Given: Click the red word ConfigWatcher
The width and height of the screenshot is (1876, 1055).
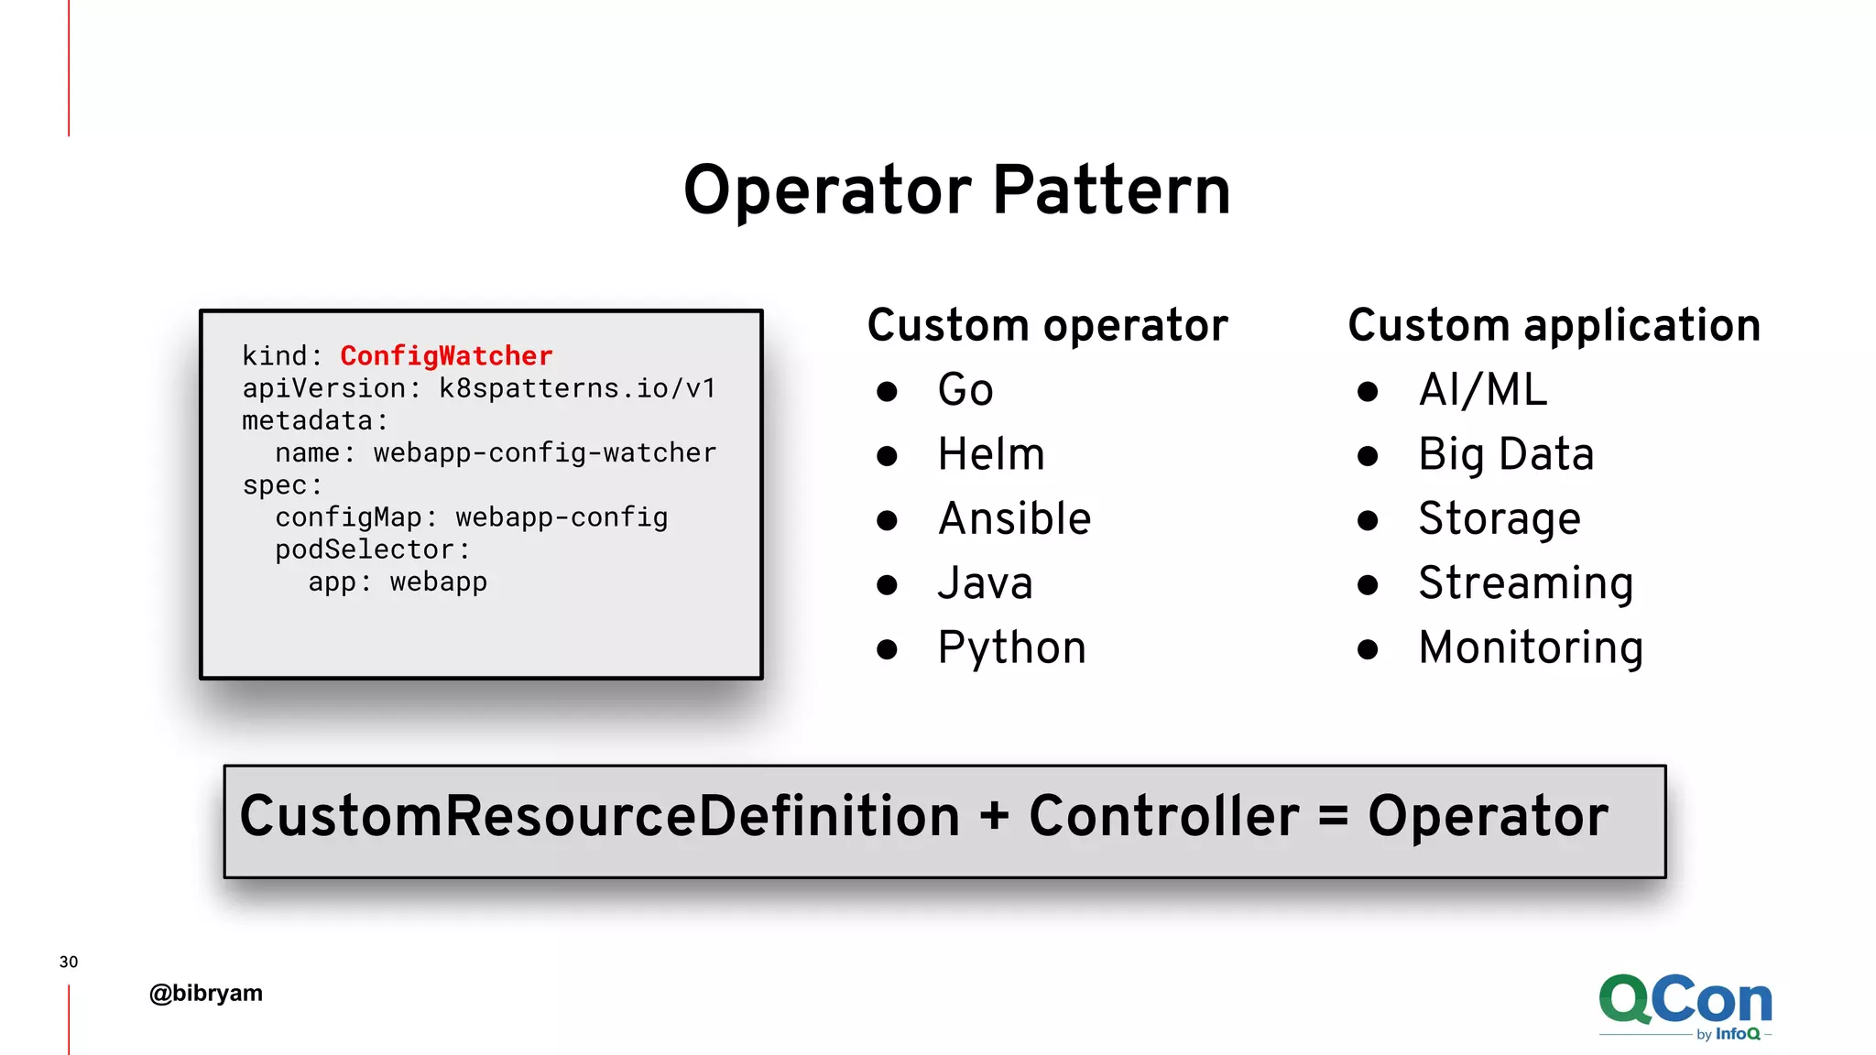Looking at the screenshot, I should tap(446, 356).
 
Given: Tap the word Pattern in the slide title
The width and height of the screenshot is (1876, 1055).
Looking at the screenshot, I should tap(1111, 190).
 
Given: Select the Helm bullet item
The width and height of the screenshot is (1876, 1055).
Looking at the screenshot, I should tap(991, 455).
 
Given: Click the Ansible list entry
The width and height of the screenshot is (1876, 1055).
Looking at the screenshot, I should tap(1015, 519).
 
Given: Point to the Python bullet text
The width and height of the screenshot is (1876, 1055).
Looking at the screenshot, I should tap(1012, 648).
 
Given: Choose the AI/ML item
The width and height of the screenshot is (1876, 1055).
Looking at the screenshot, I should tap(1483, 390).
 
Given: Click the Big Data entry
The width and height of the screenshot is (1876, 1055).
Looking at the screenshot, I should tap(1506, 455).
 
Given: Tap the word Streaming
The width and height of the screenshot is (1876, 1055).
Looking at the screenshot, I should tap(1526, 583).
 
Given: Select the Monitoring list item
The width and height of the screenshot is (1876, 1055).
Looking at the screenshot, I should tap(1531, 648).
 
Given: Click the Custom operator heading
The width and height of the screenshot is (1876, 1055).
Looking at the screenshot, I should tap(1047, 326).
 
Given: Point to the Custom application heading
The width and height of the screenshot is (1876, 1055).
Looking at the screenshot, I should tap(1554, 326).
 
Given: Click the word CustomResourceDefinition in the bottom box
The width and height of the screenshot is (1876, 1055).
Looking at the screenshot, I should tap(599, 816).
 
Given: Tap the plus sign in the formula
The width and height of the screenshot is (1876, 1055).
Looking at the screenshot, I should tap(994, 816).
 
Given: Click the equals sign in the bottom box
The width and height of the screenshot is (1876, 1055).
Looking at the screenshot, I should tap(1333, 816).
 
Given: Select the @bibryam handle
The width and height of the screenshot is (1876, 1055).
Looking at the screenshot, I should tap(206, 994).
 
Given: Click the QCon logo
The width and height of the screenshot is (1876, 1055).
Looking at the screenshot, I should tap(1685, 1005).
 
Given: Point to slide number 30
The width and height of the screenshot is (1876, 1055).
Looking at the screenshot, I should tap(69, 962).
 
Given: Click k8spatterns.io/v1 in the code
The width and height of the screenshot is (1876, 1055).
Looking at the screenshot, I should tap(577, 388).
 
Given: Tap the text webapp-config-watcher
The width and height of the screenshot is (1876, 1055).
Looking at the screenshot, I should tap(544, 452).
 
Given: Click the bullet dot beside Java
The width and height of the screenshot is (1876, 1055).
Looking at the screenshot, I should tap(887, 585).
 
